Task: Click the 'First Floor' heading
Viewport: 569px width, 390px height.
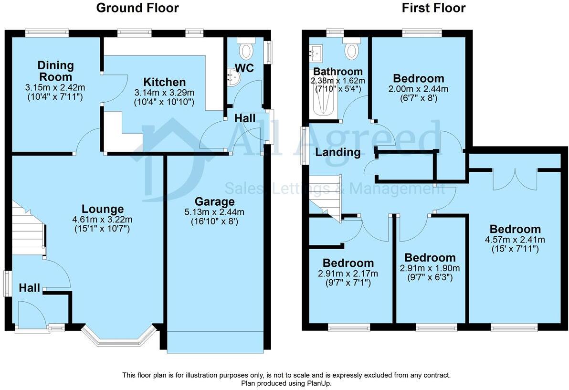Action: (x=433, y=8)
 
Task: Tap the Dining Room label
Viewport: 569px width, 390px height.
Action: (x=56, y=71)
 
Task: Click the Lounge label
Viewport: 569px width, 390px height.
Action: (x=103, y=209)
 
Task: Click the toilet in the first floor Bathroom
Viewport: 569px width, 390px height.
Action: (x=352, y=49)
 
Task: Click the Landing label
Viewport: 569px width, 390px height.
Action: (x=337, y=153)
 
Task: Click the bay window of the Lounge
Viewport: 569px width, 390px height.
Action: (x=118, y=338)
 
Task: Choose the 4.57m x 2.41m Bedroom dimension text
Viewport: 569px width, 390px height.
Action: (x=515, y=240)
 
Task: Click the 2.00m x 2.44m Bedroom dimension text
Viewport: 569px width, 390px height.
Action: (x=418, y=89)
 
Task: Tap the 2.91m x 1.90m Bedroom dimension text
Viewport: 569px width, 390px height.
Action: (x=429, y=268)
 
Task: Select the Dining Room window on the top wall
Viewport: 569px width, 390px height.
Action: (x=47, y=33)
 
